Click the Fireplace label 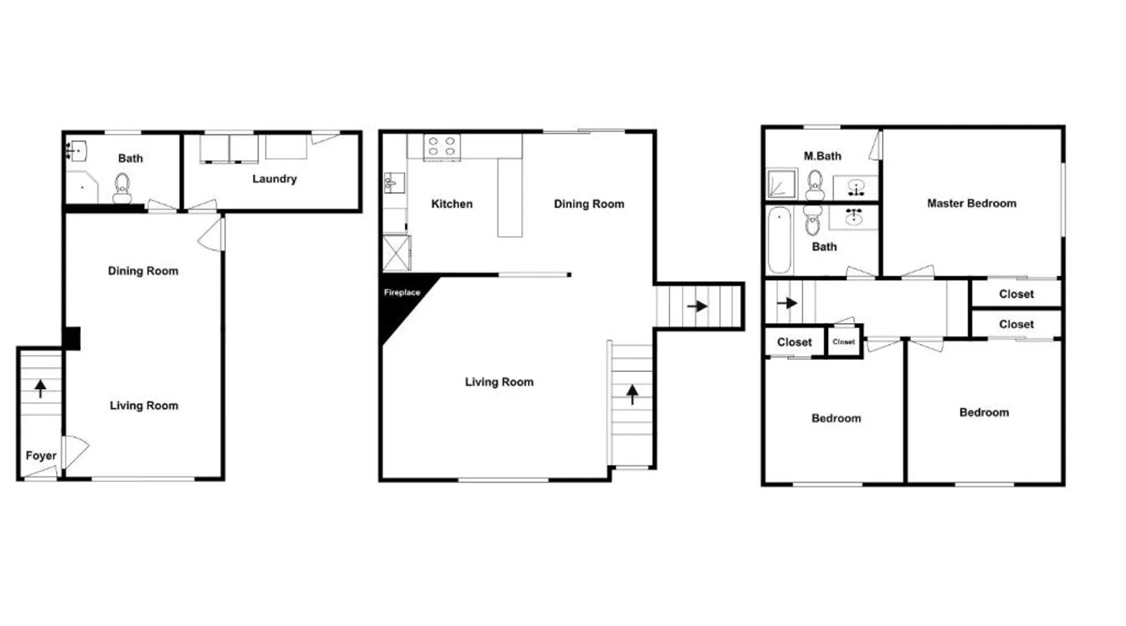click(402, 292)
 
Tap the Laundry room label click(274, 179)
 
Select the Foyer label click(41, 456)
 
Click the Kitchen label click(452, 204)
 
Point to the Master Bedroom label click(971, 203)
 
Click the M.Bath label click(822, 156)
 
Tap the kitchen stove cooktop click(442, 147)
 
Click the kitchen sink click(393, 183)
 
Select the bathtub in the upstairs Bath click(779, 240)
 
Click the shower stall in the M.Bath click(782, 184)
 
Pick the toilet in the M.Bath click(814, 185)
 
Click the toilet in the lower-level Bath click(122, 188)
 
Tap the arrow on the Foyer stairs click(41, 389)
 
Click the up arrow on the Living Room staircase click(632, 394)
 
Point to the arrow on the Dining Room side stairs click(697, 306)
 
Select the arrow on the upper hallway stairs click(787, 303)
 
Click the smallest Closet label click(843, 342)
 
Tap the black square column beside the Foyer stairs click(73, 339)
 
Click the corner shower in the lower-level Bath click(82, 187)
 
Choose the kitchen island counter click(510, 197)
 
